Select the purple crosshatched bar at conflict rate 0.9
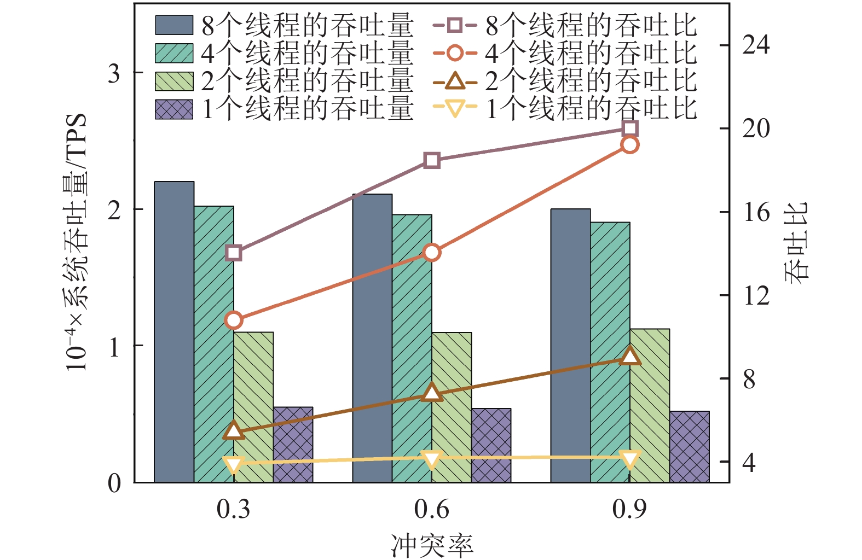tap(689, 446)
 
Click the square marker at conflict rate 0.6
tap(432, 161)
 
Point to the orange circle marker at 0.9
tap(630, 145)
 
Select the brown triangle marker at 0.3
tap(234, 430)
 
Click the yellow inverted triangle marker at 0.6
tap(432, 459)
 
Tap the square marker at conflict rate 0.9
tap(630, 129)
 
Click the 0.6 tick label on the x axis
tap(432, 510)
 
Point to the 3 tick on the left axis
tap(114, 73)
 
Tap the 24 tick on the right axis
tap(756, 45)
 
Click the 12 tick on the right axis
tap(756, 296)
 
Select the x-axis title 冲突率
tap(432, 545)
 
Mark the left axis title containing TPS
tap(77, 242)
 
